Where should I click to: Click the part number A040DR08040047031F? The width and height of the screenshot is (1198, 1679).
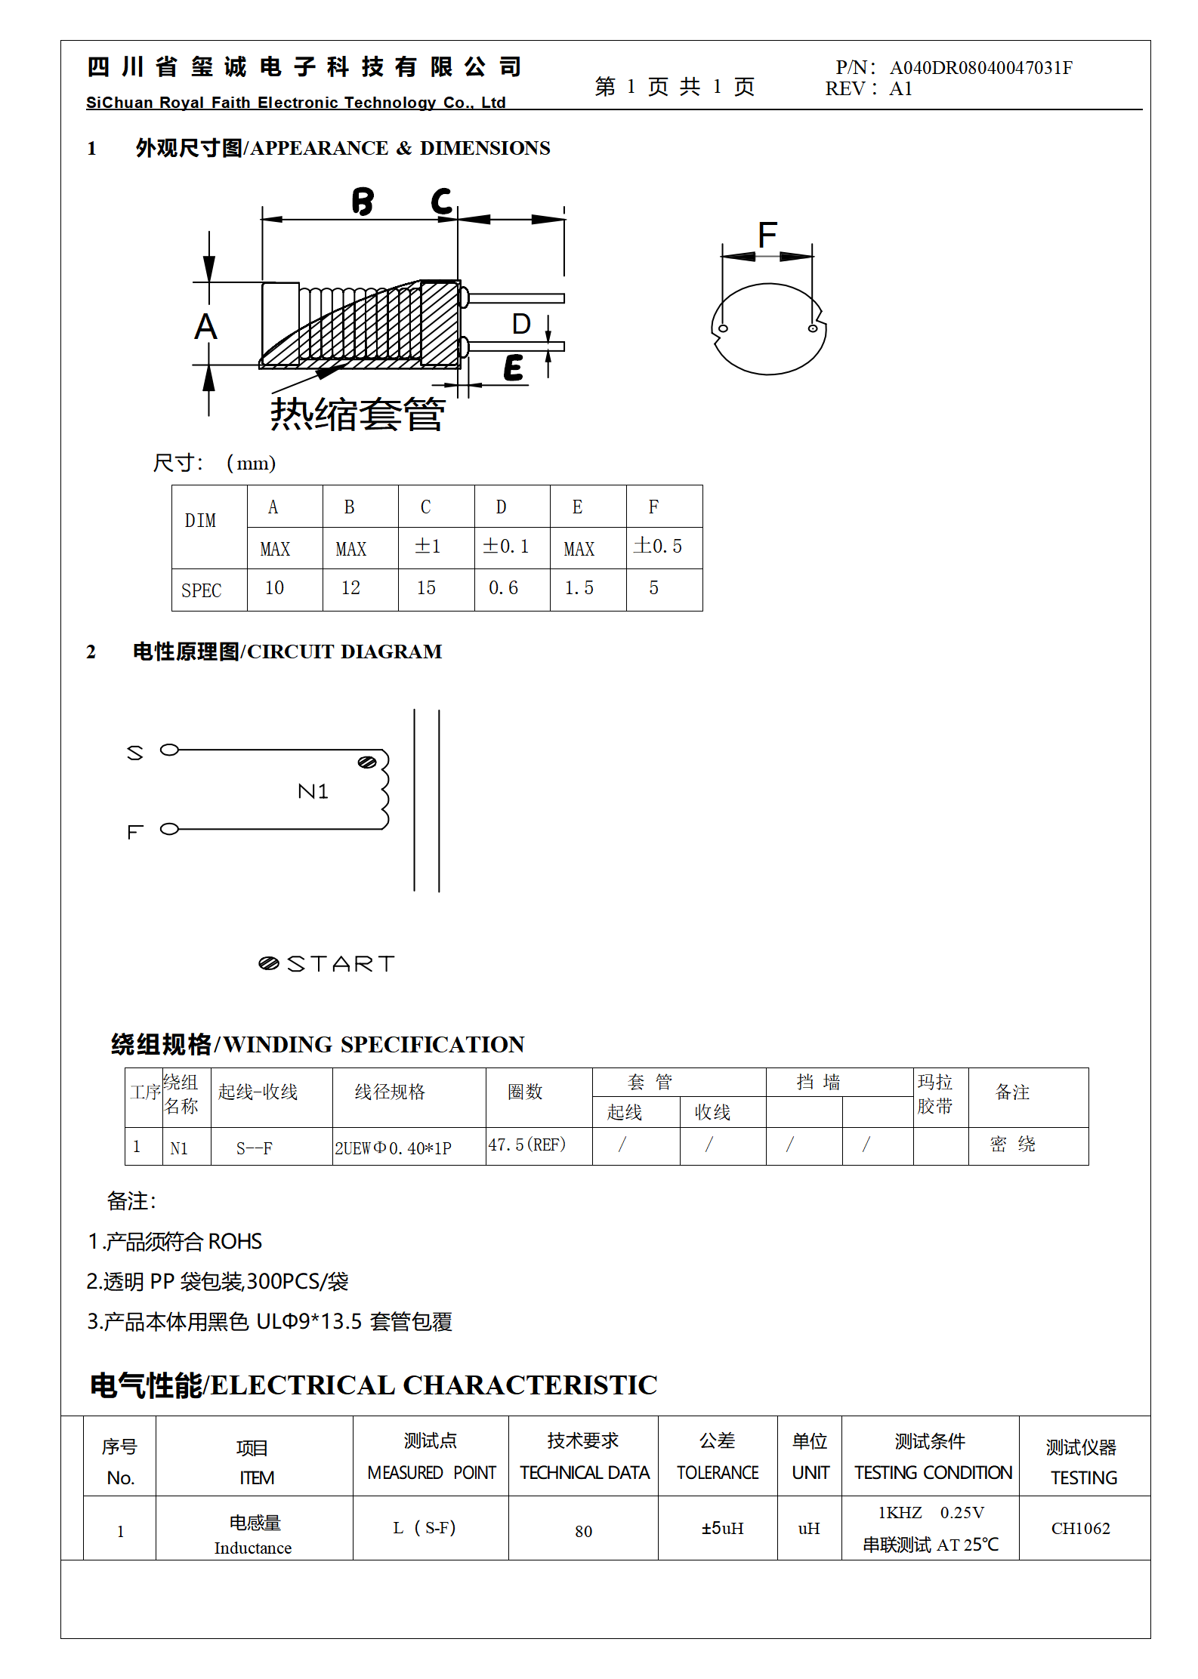point(980,68)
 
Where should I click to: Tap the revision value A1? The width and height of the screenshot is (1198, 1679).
point(900,89)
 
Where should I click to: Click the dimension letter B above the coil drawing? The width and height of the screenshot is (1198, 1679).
point(363,202)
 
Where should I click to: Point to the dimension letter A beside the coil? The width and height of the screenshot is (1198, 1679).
point(205,327)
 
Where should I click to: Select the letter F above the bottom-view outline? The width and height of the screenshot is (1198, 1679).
point(767,235)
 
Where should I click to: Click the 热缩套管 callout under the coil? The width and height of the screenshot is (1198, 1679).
point(357,414)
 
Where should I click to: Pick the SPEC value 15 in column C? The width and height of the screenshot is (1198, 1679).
point(426,588)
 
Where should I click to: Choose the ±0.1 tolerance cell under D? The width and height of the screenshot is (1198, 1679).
point(506,546)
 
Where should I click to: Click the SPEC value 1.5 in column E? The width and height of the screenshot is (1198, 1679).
point(579,588)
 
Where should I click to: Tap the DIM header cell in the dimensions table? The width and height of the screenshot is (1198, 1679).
point(200,521)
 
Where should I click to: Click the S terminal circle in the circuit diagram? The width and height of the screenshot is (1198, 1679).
point(170,750)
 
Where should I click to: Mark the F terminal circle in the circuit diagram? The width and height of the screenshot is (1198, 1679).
point(170,829)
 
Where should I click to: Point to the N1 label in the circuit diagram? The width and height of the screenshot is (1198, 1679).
point(313,791)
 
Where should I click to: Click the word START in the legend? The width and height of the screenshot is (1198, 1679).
point(341,964)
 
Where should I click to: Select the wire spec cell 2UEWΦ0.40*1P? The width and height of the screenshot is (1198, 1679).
point(393,1148)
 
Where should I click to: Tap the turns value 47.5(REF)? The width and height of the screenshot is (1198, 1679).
point(526,1144)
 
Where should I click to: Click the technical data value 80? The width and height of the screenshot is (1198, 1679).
point(583,1531)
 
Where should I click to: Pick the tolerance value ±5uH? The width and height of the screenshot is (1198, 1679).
point(722,1528)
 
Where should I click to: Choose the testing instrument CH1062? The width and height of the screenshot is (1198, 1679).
point(1080,1528)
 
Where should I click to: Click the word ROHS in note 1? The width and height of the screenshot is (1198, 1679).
point(235,1241)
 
